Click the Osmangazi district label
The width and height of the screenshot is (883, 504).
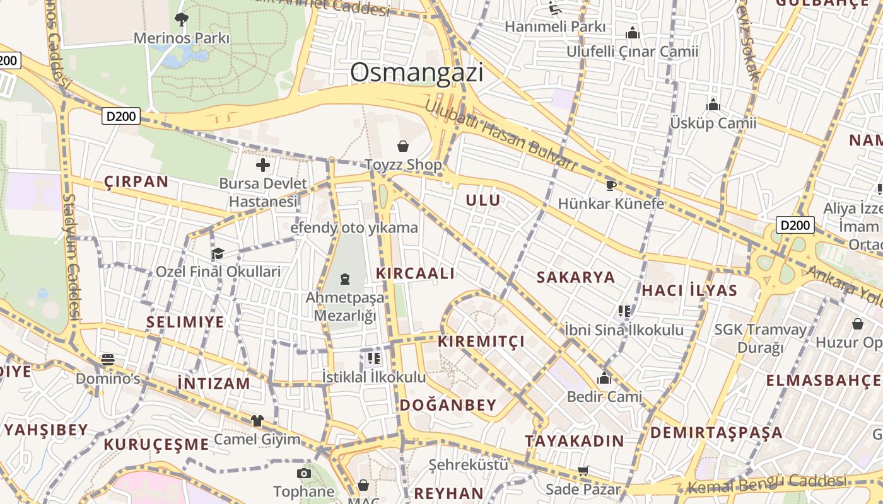[x=417, y=72]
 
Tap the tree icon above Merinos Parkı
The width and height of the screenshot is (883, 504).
[x=182, y=20]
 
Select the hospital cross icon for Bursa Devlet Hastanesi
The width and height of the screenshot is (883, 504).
[x=263, y=166]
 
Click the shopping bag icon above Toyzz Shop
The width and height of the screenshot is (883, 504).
[x=403, y=147]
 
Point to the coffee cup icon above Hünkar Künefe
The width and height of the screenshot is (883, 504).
[x=611, y=185]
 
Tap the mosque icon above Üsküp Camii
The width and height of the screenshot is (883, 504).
[x=713, y=105]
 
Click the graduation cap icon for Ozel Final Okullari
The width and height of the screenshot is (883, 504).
[x=218, y=253]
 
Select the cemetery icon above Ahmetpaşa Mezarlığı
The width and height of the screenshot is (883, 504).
[x=345, y=278]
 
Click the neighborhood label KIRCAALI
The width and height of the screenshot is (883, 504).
[x=415, y=273]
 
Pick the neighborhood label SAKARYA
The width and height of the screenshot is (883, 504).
[x=575, y=277]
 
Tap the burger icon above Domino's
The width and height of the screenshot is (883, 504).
[x=108, y=360]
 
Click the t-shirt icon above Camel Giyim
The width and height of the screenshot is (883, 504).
[x=257, y=420]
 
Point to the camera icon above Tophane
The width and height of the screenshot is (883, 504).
[x=304, y=472]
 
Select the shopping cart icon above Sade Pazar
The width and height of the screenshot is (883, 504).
[x=583, y=471]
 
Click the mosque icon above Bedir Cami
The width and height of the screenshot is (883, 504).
[x=604, y=378]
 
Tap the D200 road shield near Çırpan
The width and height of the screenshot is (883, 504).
[x=120, y=116]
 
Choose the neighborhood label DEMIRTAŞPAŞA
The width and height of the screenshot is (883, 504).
[x=716, y=433]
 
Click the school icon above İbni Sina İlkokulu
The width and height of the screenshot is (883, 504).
[x=624, y=311]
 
